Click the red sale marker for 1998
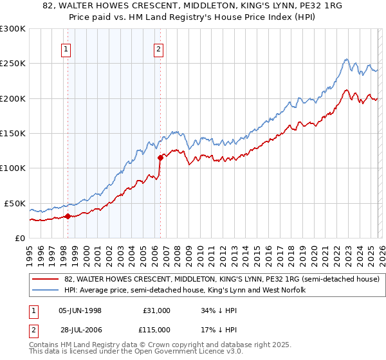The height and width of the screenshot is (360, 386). point(68,216)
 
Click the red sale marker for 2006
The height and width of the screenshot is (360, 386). point(160,157)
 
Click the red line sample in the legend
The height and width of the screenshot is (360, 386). point(46,280)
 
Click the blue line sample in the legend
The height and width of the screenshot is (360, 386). point(46,291)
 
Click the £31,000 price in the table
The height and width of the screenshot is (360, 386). point(157,310)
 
